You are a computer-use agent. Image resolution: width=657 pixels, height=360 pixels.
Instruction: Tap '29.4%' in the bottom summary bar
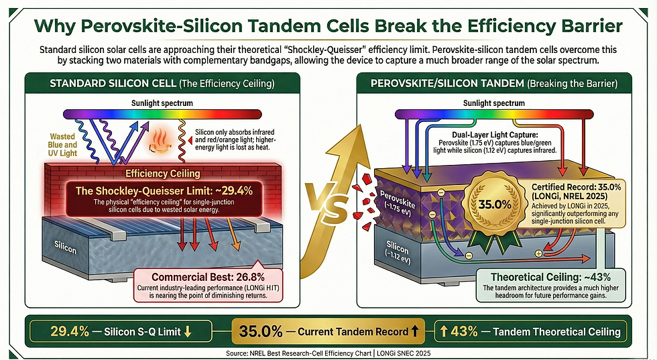tap(72, 331)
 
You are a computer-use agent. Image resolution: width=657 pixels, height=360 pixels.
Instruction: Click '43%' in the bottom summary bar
tap(464, 331)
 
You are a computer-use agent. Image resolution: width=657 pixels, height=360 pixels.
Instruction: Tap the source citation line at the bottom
tap(328, 352)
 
